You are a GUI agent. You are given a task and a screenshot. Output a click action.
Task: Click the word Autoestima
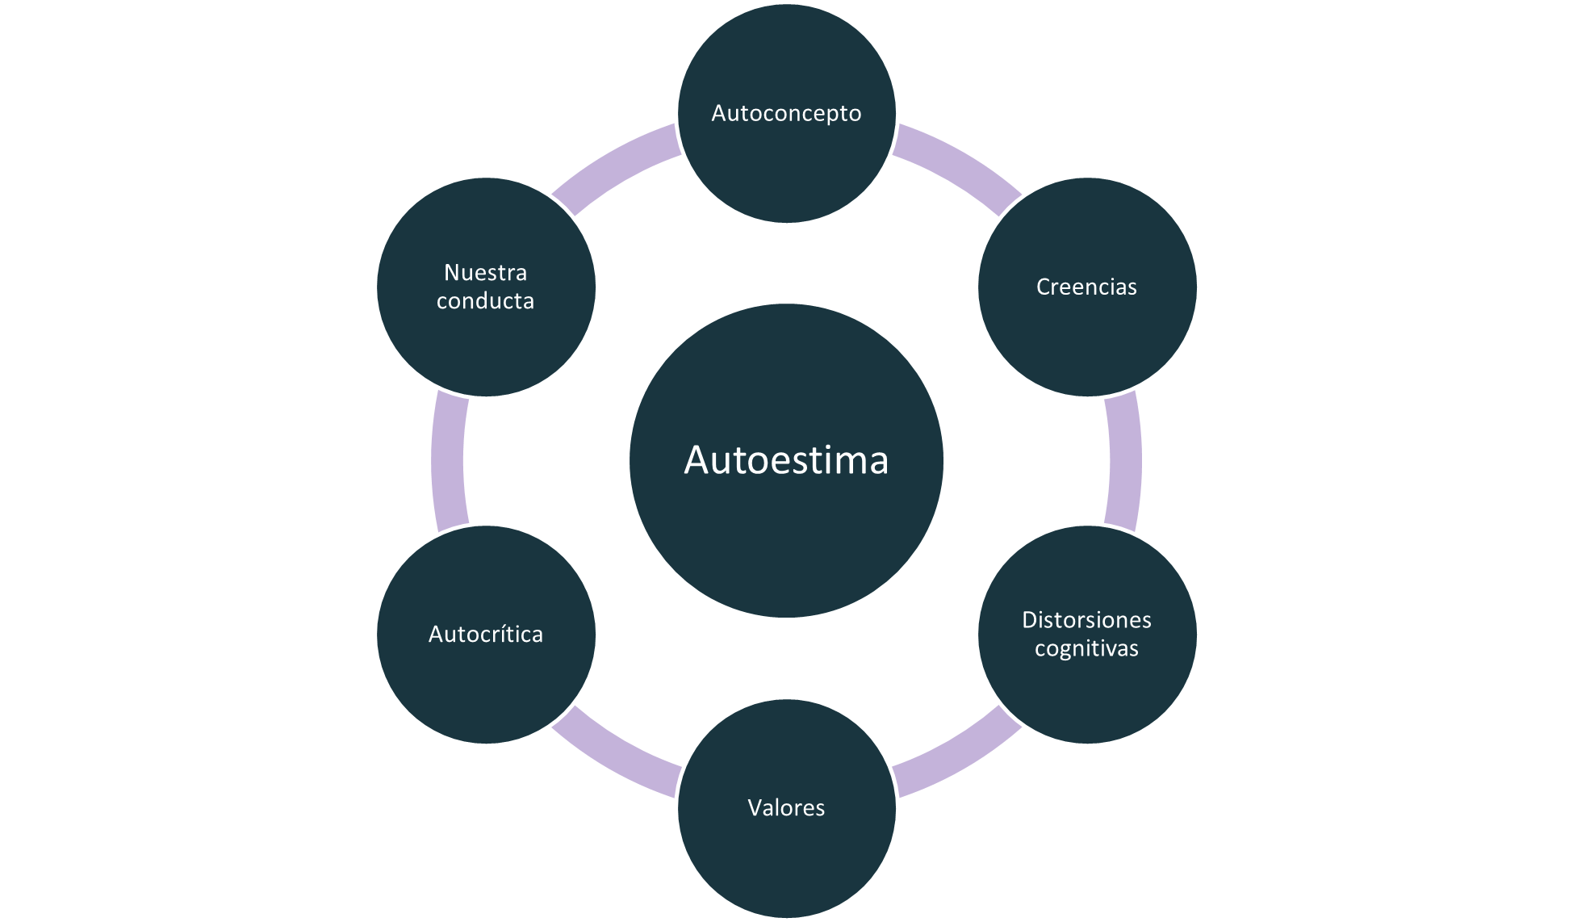[x=786, y=460]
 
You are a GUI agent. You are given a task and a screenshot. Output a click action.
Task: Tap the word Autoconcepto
[x=786, y=113]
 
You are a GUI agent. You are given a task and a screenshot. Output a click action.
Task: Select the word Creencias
[x=1086, y=287]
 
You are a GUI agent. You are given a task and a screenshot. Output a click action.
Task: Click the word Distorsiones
[x=1086, y=620]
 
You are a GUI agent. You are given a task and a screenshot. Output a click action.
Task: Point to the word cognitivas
[x=1086, y=648]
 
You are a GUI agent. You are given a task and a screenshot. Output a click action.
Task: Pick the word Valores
[x=786, y=807]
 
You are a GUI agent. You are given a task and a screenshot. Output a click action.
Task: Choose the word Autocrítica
[x=486, y=635]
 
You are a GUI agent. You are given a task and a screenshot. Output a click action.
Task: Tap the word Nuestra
[x=486, y=272]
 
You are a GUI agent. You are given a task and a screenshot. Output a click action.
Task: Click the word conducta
[x=486, y=301]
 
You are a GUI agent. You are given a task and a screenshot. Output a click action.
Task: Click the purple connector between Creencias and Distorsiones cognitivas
[x=1124, y=460]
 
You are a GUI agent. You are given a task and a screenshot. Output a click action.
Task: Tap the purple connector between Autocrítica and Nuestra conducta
[x=448, y=460]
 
